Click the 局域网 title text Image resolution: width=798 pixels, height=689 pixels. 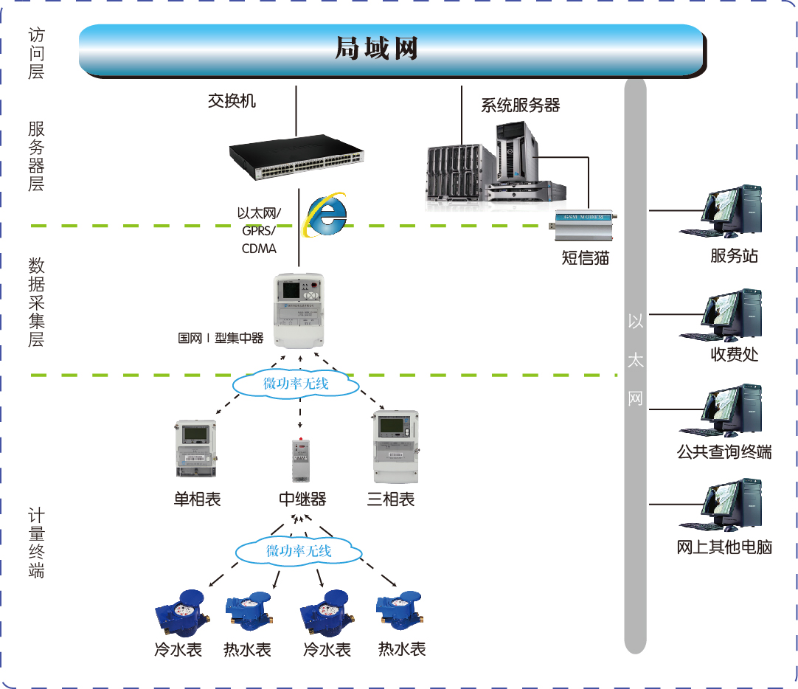(x=376, y=49)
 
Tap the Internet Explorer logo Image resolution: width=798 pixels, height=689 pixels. (x=326, y=215)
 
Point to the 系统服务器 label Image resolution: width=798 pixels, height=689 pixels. (x=520, y=105)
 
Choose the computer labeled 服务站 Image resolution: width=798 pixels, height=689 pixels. (x=721, y=212)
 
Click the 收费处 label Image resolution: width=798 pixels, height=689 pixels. (x=734, y=354)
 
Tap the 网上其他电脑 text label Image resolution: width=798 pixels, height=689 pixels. (x=724, y=547)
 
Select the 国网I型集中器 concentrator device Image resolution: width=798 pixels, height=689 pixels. (x=299, y=310)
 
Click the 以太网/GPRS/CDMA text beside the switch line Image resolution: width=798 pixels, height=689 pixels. (x=259, y=230)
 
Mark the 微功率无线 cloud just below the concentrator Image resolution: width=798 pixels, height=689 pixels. (x=295, y=384)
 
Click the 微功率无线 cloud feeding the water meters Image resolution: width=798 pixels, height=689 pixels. (x=299, y=550)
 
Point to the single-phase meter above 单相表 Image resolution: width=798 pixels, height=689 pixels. (x=195, y=450)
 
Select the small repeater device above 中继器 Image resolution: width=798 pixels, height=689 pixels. (x=301, y=459)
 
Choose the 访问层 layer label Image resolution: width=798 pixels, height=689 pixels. (x=36, y=53)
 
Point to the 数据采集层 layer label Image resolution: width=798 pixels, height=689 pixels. (x=36, y=302)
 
